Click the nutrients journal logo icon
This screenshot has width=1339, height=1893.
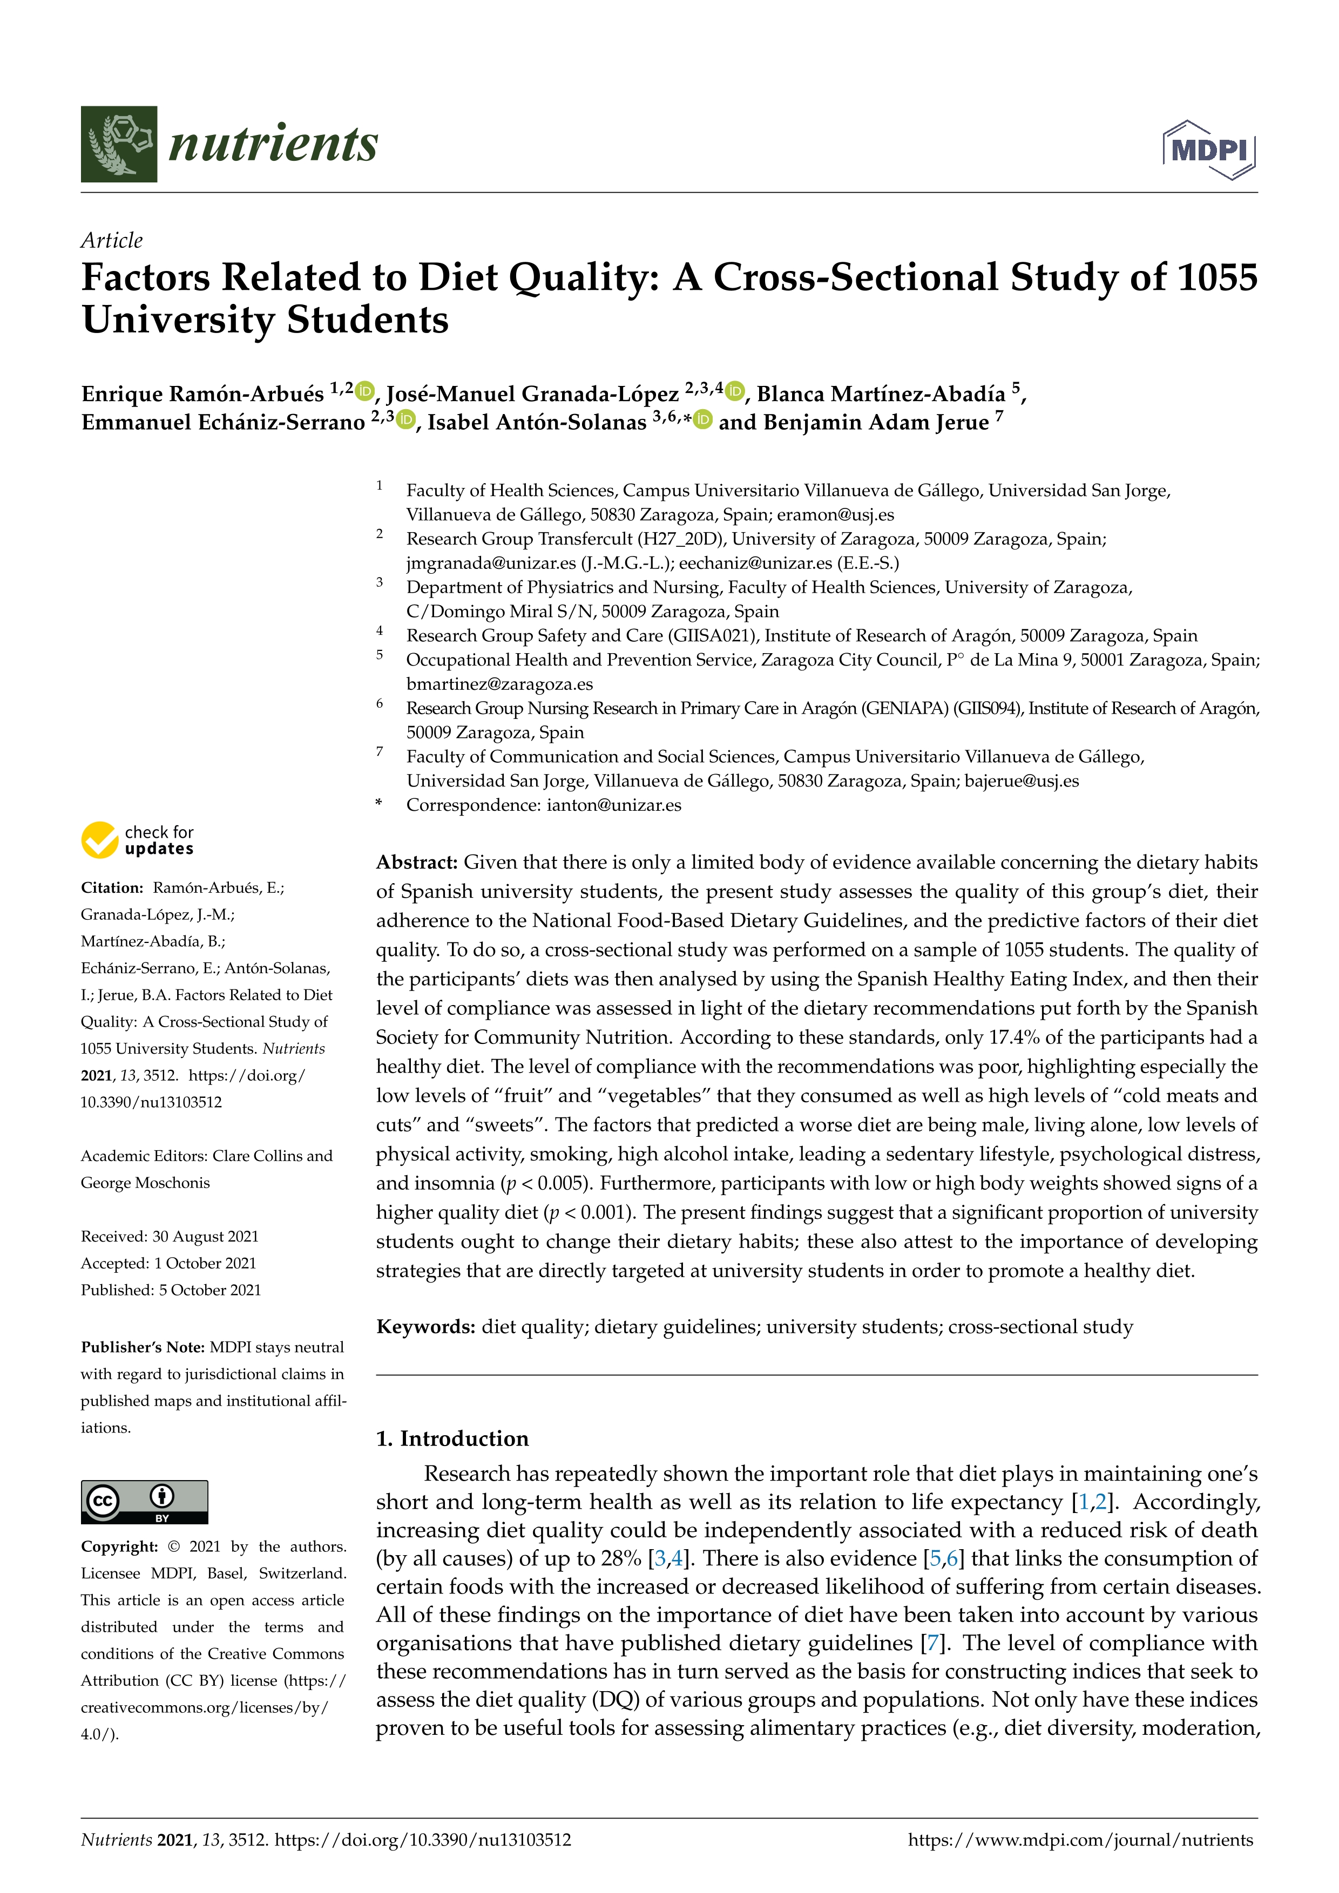pyautogui.click(x=119, y=144)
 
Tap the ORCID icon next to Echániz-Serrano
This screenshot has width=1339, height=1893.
pyautogui.click(x=405, y=419)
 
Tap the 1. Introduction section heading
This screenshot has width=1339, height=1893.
pyautogui.click(x=452, y=1439)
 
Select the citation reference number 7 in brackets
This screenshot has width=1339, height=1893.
pyautogui.click(x=932, y=1643)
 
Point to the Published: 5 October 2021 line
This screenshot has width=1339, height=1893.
pyautogui.click(x=171, y=1290)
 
